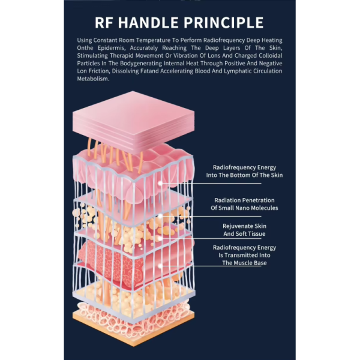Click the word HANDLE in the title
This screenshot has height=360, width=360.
coord(148,23)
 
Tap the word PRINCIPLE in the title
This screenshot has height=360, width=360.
coord(223,23)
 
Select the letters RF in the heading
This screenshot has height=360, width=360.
coord(104,23)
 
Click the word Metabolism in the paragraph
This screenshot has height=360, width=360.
coord(93,79)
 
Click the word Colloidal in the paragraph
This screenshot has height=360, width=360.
coord(271,56)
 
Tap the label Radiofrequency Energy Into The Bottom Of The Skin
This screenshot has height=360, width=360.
coord(244,171)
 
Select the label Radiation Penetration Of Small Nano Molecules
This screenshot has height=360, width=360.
coord(244,204)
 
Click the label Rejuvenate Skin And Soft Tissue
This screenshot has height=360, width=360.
coord(245,230)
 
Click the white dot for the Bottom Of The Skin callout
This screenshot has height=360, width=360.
coord(160,183)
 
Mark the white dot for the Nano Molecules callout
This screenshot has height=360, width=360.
coord(160,216)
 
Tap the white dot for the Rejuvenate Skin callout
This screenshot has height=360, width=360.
coord(160,239)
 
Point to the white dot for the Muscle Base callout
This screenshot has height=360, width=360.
coord(160,266)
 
